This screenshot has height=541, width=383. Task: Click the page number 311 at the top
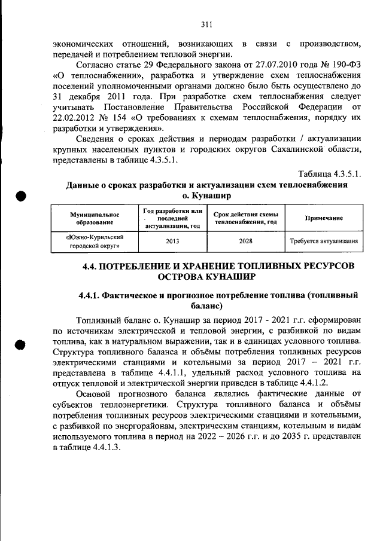coord(206,25)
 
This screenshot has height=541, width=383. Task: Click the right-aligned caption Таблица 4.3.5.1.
coord(330,174)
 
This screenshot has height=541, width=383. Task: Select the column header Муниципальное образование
coord(95,218)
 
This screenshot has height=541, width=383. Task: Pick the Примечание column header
coord(324,218)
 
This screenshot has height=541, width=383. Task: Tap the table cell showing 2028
coord(245,242)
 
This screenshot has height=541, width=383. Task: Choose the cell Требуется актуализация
coord(324,242)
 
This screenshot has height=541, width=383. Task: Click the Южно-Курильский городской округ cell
coord(95,242)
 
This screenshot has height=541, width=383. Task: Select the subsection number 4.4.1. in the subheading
coord(89,295)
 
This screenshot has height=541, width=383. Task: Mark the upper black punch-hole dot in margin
coord(21,195)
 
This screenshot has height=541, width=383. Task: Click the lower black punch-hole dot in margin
coord(21,344)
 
